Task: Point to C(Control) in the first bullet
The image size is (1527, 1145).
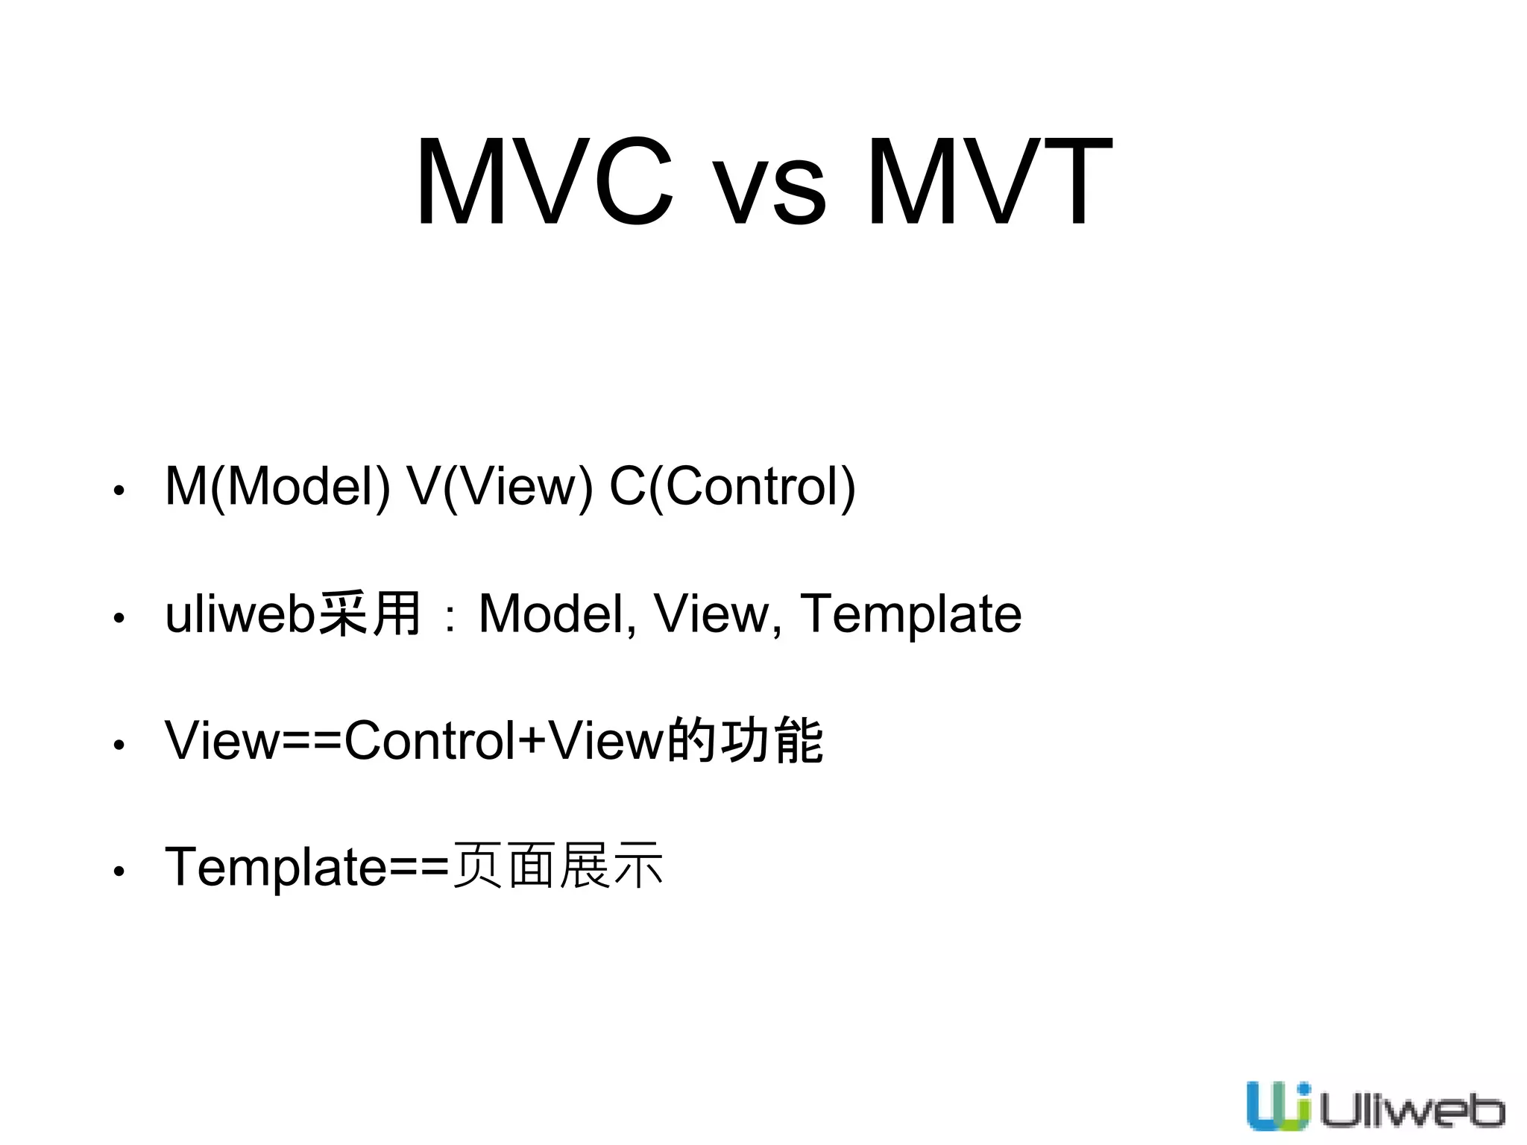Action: tap(732, 487)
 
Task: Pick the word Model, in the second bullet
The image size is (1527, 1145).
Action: tap(558, 615)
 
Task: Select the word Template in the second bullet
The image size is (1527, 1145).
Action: tap(910, 615)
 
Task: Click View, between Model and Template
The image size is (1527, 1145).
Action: tap(718, 615)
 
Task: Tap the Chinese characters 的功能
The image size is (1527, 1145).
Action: tap(745, 740)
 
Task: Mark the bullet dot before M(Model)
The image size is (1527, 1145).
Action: tap(119, 491)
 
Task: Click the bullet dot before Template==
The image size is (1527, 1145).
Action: tap(119, 871)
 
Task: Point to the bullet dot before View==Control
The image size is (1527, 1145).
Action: tap(119, 745)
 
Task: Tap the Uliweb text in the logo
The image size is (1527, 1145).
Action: tap(1411, 1111)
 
